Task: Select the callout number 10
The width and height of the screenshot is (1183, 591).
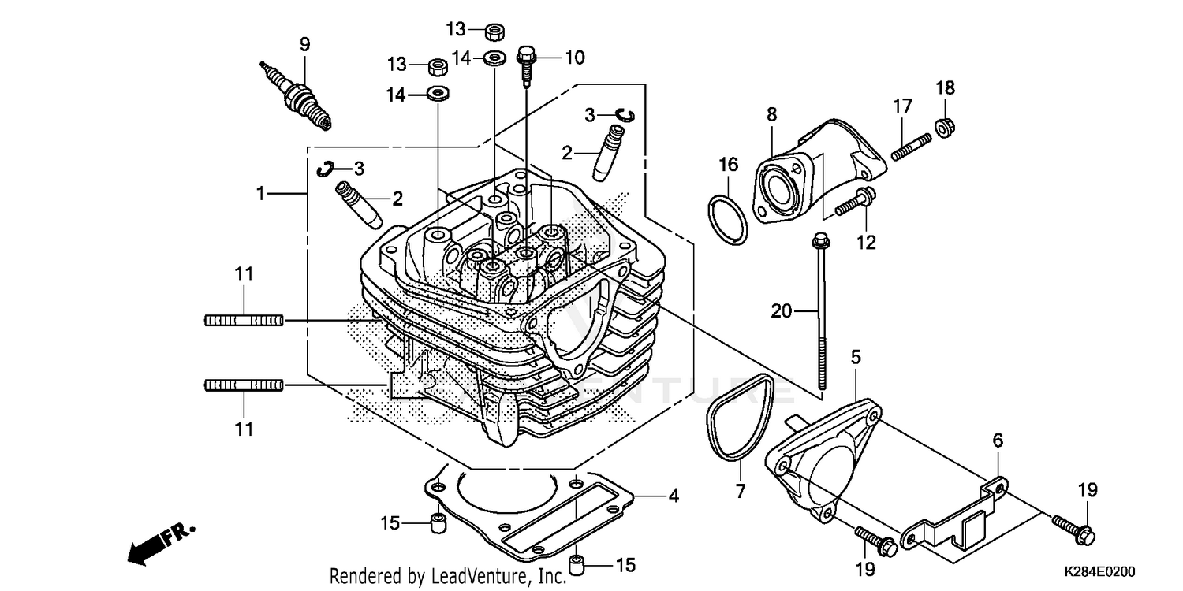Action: pos(574,57)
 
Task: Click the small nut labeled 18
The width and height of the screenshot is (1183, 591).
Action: pos(942,125)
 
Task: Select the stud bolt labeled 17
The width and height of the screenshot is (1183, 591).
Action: pos(912,147)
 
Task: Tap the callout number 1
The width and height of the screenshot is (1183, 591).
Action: pos(260,192)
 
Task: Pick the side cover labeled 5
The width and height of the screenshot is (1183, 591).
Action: pos(820,465)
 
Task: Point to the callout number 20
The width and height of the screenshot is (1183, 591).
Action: pos(781,311)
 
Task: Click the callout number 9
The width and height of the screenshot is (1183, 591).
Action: pos(304,43)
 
